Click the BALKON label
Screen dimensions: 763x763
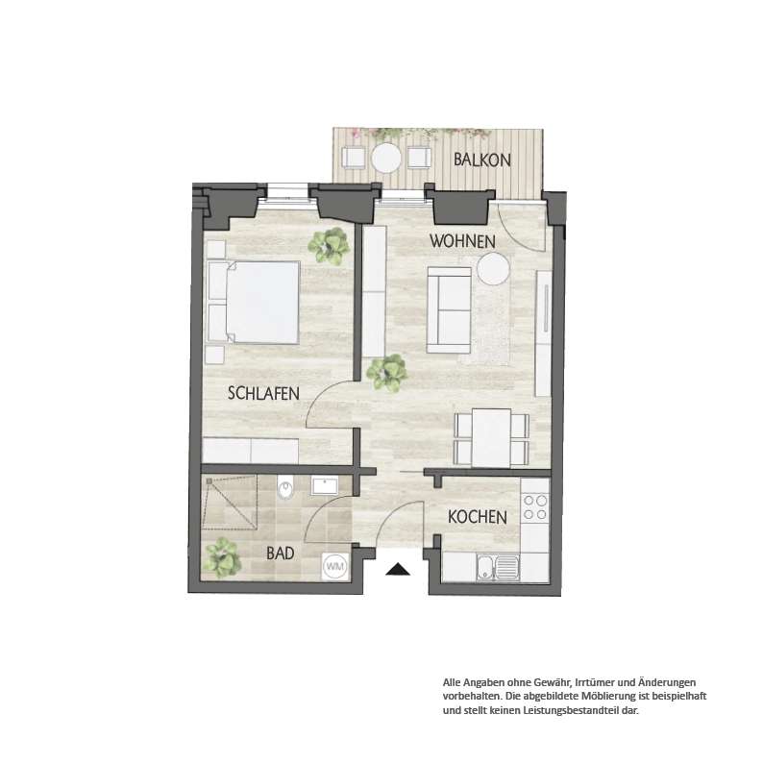click(x=482, y=160)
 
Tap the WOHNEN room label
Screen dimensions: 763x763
click(x=462, y=241)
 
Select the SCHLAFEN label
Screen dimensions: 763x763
click(x=263, y=393)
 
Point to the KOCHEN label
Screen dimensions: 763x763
click(x=478, y=517)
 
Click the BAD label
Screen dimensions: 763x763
click(x=281, y=554)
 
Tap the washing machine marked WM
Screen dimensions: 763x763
click(x=335, y=566)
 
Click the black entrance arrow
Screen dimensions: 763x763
click(x=398, y=569)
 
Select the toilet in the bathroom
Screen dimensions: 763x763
click(x=285, y=488)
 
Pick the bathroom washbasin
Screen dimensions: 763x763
click(x=325, y=486)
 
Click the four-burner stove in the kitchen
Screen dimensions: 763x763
click(x=535, y=507)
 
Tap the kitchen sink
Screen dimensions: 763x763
click(x=499, y=568)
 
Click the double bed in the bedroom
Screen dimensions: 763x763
click(x=253, y=303)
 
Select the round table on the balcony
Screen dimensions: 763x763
click(x=386, y=158)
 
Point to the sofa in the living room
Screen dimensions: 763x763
click(x=449, y=310)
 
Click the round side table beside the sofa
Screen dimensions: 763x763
click(x=493, y=268)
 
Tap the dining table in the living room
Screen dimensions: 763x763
click(x=491, y=438)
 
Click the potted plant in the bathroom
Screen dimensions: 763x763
click(x=222, y=554)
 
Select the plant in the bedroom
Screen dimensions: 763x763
click(x=330, y=245)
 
